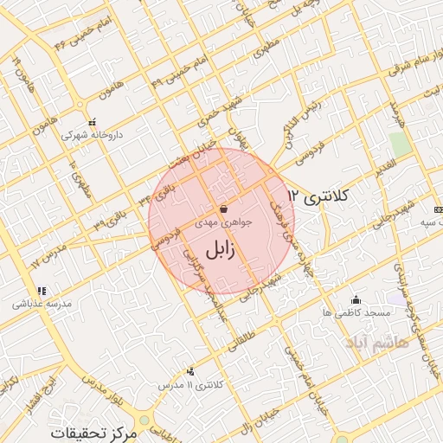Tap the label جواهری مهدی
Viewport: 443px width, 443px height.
(x=228, y=221)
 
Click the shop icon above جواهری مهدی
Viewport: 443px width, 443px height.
(x=224, y=209)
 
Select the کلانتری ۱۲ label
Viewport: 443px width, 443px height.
(x=318, y=196)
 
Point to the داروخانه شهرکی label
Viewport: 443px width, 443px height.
(x=91, y=135)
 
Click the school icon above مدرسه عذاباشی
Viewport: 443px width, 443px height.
(x=41, y=291)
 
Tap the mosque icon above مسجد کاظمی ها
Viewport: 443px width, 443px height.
(x=356, y=299)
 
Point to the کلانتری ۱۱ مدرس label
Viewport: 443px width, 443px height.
(x=195, y=382)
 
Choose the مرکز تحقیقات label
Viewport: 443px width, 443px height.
(x=94, y=431)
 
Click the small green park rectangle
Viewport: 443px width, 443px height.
(x=399, y=144)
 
